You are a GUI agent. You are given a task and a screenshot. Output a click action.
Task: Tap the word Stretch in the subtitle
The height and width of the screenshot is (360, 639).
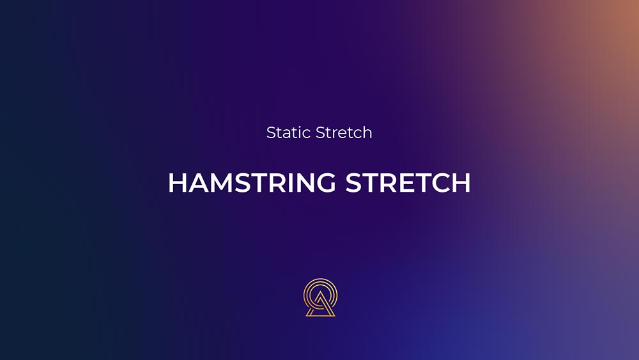point(344,132)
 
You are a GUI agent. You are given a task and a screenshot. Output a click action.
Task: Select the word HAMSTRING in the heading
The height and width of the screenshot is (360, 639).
point(252,182)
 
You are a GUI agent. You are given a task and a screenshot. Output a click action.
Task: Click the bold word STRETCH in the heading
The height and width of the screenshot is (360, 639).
point(408,182)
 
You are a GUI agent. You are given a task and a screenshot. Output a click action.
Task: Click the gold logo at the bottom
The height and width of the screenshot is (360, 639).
point(320,297)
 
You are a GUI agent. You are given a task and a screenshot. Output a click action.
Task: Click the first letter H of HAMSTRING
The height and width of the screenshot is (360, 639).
point(177,182)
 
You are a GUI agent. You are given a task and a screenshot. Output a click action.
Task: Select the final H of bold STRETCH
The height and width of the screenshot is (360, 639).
point(462,182)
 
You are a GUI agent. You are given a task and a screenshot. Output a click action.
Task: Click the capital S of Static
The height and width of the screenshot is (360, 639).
point(271,132)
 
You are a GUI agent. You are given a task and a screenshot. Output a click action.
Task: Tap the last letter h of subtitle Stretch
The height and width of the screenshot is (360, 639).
point(367,132)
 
